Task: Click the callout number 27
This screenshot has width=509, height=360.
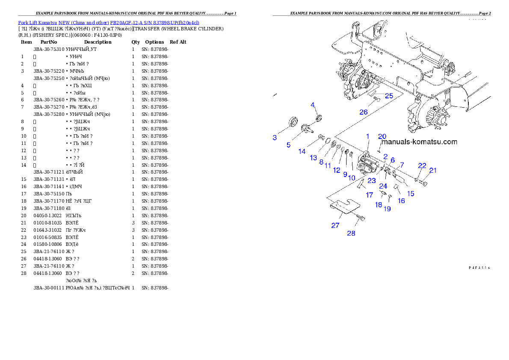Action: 335,225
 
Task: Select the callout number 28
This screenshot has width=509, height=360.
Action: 351,233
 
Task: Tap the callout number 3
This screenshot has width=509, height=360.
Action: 275,138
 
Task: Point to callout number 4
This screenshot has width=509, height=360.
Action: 313,105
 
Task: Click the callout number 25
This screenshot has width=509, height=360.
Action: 388,96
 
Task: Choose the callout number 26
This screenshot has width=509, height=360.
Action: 363,112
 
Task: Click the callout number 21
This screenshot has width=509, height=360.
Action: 433,170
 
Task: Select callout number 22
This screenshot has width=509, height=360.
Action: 422,165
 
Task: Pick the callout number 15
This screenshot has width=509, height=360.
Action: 410,194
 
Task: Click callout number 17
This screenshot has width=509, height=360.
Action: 369,195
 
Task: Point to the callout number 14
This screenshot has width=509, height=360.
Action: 302,151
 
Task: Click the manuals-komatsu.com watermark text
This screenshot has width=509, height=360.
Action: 420,142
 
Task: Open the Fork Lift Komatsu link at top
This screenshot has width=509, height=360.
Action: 109,22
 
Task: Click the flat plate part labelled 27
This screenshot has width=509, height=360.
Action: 345,206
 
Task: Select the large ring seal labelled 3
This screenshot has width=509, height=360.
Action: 294,122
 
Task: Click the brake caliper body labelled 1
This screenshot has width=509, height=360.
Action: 367,165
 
